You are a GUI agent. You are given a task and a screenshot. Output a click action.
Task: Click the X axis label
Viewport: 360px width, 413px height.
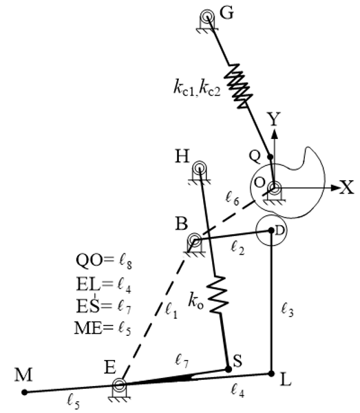coord(347,188)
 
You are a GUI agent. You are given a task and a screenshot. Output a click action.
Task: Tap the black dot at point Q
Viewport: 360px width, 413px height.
coord(270,158)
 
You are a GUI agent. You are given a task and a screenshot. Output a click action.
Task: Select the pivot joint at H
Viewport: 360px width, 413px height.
coord(200,168)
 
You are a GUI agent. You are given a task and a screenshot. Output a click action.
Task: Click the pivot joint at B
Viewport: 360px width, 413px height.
coord(195,241)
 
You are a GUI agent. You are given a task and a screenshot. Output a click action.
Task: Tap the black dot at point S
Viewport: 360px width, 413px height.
coord(229,369)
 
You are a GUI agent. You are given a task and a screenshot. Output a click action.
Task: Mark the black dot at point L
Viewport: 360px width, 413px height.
coord(272,374)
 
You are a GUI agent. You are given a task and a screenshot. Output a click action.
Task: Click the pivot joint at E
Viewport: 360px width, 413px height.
coord(120,385)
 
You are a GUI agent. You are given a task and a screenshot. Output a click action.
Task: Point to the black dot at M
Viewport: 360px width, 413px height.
coord(25,392)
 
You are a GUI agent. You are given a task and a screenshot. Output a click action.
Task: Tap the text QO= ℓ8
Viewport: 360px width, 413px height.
coord(103,261)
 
